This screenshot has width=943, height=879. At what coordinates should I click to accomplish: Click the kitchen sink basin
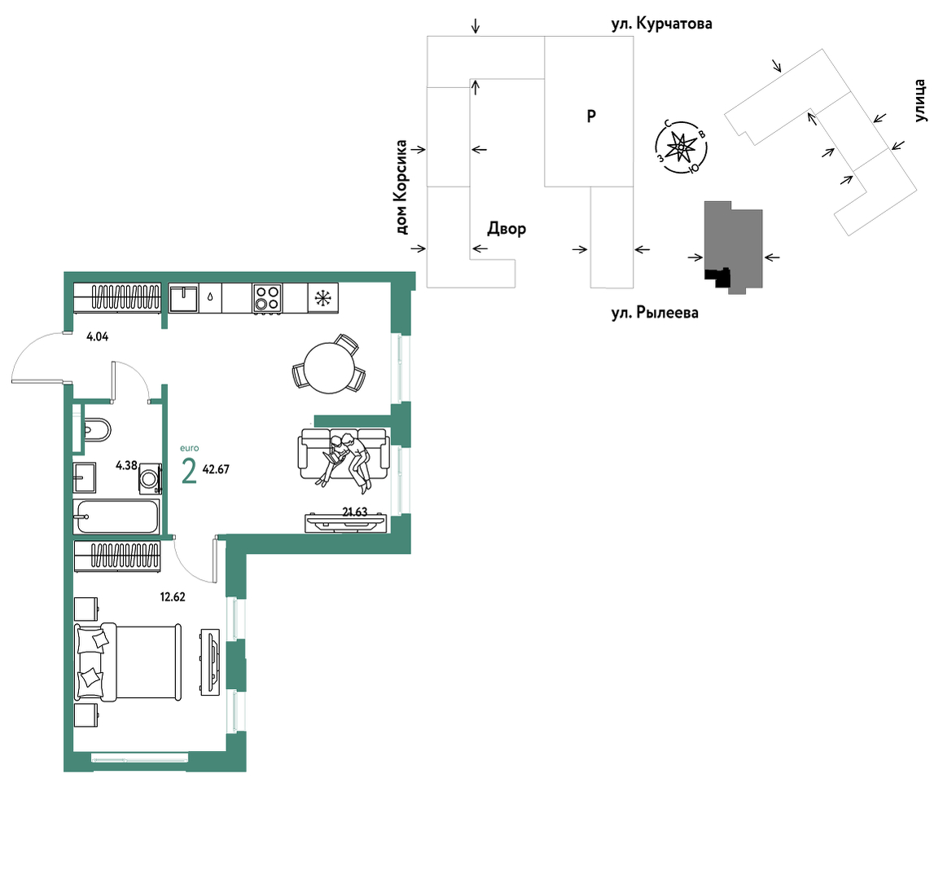coord(183,298)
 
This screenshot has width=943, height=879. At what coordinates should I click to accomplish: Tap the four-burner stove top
coord(268,298)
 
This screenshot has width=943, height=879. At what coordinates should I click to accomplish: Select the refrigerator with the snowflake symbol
coord(323,298)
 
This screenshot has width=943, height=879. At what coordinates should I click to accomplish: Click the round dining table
coord(328,367)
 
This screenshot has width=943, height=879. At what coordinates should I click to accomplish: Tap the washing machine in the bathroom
coord(150,479)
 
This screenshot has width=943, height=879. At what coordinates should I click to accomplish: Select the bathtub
coord(116,516)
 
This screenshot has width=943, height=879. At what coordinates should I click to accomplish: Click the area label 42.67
coord(216,469)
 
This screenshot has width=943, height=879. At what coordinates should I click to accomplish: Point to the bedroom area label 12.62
coord(173,597)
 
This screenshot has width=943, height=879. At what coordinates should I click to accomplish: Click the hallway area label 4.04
coord(98,337)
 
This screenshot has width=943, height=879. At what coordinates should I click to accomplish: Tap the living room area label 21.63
coord(355,512)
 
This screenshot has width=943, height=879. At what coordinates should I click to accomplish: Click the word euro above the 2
coord(190,448)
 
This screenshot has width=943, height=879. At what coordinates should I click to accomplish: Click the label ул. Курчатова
coord(661,24)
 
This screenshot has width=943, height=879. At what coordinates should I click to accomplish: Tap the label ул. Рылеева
coord(655,313)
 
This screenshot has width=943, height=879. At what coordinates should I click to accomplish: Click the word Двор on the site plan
coord(507,229)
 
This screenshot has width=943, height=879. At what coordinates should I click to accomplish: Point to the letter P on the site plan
coord(591,116)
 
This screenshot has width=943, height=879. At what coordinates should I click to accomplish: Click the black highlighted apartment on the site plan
coord(718,277)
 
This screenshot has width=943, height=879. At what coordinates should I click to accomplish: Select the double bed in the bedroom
coord(128,661)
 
